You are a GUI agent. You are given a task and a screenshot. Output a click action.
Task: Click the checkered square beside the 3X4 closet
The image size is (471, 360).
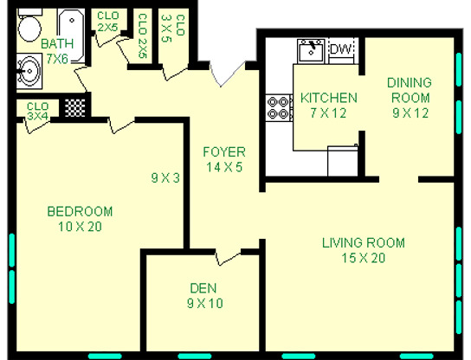click(x=75, y=107)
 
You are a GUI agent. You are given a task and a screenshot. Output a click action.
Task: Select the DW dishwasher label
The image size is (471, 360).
click(x=341, y=50)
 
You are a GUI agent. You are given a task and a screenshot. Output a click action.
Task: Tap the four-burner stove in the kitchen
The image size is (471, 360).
click(x=279, y=107)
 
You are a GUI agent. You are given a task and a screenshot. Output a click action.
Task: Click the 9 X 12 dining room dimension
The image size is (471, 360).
click(x=410, y=112)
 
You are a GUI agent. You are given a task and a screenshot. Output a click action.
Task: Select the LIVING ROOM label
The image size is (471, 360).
click(x=363, y=243)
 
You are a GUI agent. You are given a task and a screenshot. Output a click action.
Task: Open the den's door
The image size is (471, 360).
click(x=227, y=258)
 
